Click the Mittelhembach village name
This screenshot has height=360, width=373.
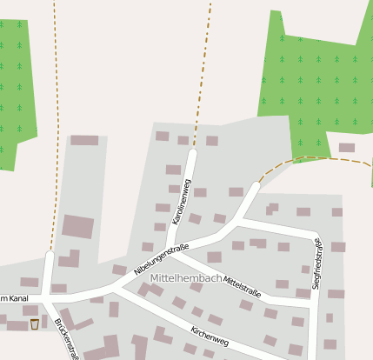185,277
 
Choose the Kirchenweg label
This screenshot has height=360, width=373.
209,336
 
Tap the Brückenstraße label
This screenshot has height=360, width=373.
66,339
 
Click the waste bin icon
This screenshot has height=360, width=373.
35,324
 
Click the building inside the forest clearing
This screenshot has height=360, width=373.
347,148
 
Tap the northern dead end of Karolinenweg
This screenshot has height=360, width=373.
192,154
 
